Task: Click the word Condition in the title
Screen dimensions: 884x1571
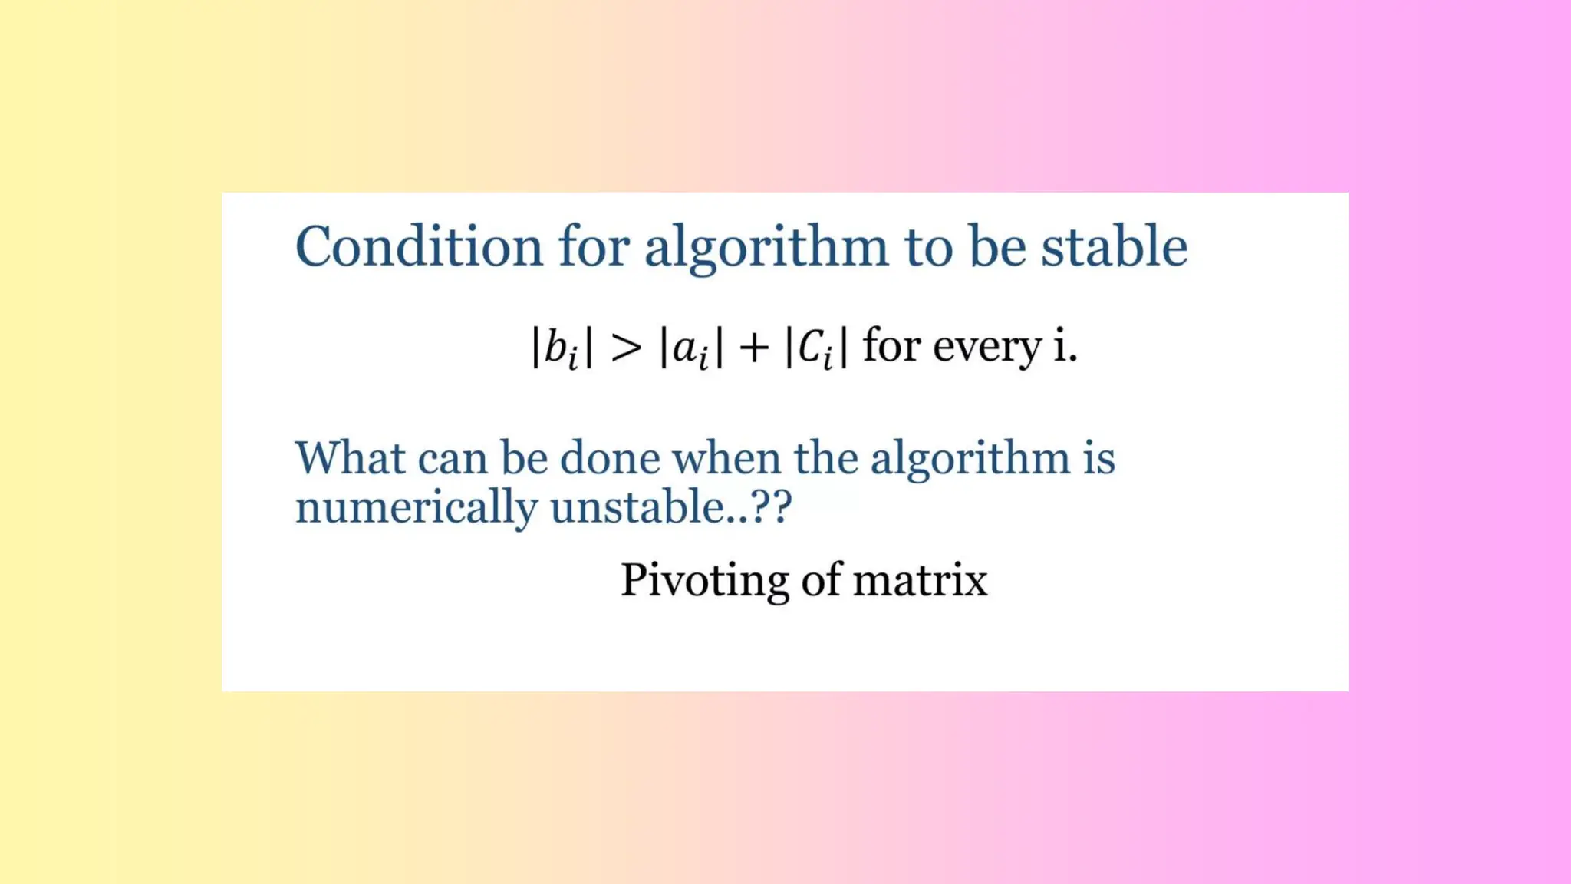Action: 419,247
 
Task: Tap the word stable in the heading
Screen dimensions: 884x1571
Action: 1114,247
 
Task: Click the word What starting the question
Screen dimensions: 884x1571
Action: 350,458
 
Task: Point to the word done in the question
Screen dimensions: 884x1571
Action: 610,458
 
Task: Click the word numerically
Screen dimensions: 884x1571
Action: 417,508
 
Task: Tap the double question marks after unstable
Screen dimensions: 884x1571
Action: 771,507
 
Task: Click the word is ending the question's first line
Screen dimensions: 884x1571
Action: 1099,458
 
